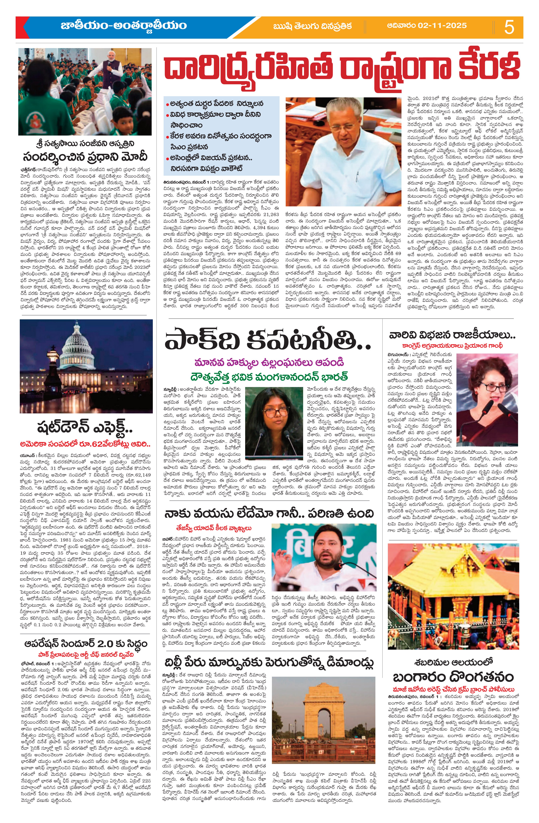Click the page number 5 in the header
[x=509, y=27]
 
